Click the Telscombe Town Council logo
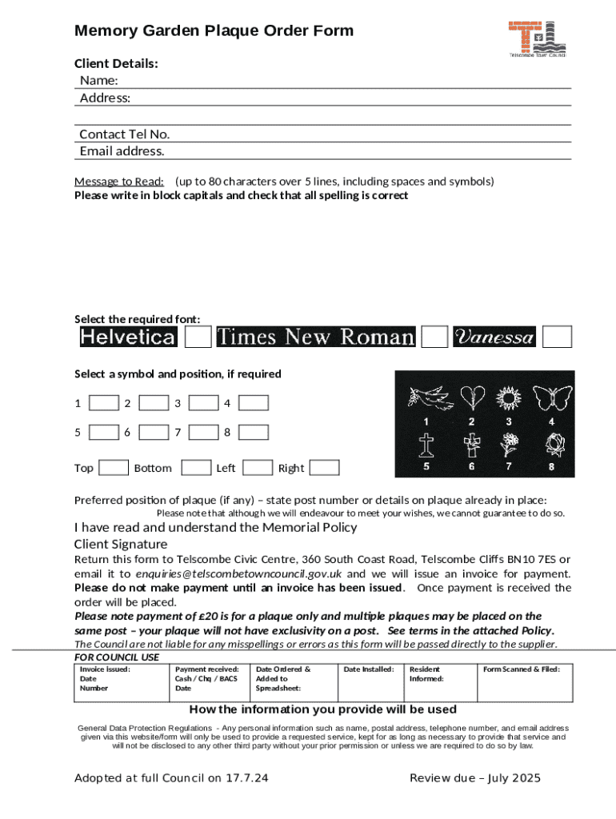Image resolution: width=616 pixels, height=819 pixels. [x=538, y=38]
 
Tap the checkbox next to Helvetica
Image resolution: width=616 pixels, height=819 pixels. [x=198, y=337]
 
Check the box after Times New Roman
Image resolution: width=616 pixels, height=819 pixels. [x=434, y=337]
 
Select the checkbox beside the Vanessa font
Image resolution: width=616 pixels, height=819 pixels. [x=558, y=337]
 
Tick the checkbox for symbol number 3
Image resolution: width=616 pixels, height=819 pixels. [x=204, y=403]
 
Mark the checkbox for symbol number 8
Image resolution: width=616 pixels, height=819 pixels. [x=254, y=433]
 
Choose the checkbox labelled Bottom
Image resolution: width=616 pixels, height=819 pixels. [x=196, y=468]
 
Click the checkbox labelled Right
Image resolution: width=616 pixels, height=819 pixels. [x=324, y=468]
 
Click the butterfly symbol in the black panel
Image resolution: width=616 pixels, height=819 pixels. [x=552, y=397]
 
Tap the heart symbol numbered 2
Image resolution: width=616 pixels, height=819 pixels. [x=472, y=397]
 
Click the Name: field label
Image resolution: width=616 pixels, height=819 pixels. [x=99, y=81]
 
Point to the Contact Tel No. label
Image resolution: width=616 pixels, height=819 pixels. [x=124, y=134]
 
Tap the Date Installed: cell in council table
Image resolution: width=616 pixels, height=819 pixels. [x=369, y=669]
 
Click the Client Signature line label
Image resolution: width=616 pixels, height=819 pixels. [x=121, y=544]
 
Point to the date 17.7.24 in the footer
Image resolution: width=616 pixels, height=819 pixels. [x=249, y=778]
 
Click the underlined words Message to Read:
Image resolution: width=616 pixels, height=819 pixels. [x=119, y=181]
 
